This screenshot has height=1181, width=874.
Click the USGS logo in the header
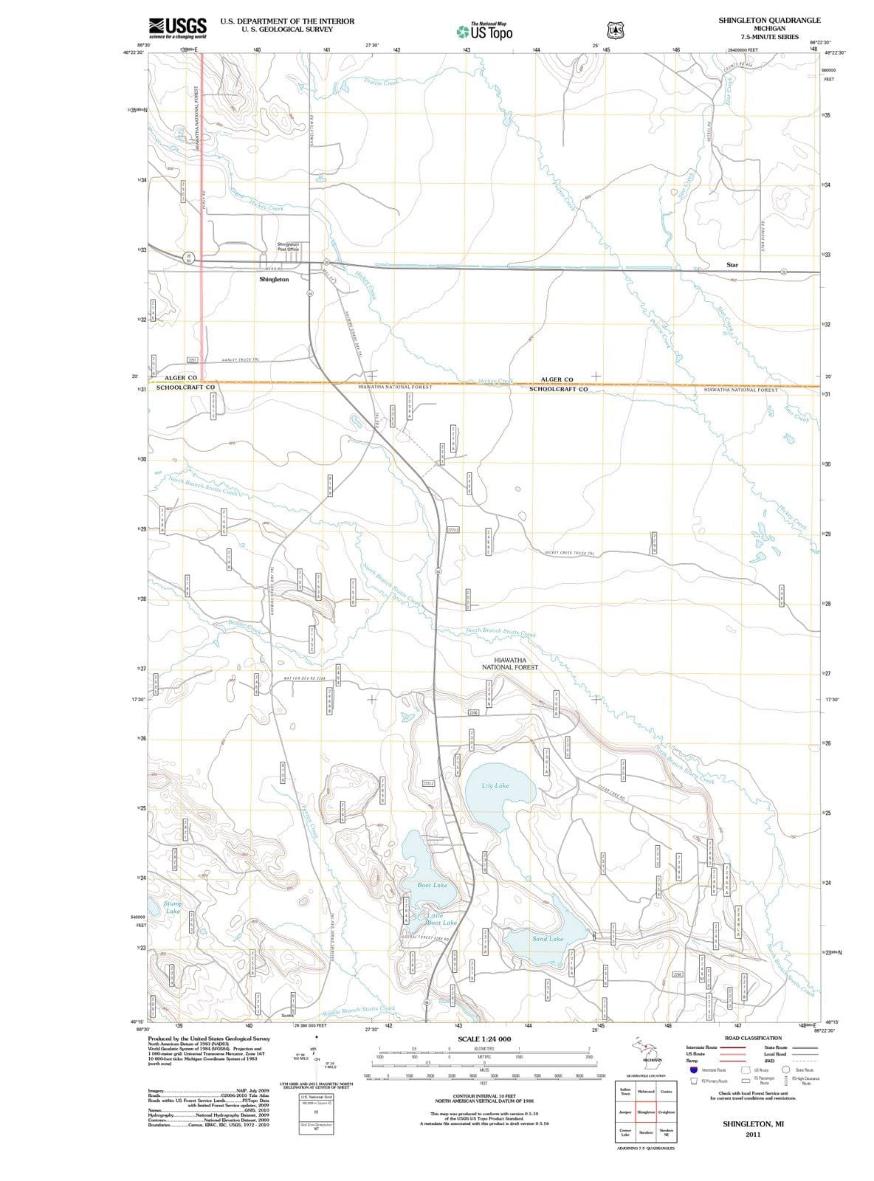coord(177,27)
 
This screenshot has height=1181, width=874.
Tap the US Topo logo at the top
coord(484,32)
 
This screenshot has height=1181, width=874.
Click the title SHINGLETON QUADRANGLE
coord(769,21)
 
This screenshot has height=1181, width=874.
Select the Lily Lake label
coord(495,785)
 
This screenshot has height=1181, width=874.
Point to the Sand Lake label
coord(548,939)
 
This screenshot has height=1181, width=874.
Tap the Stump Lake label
coord(173,907)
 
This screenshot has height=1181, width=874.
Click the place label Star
coord(732,264)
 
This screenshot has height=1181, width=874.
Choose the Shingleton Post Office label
coord(288,247)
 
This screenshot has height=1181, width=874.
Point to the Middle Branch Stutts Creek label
coord(359,1010)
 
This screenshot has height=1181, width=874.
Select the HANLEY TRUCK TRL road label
coord(241,359)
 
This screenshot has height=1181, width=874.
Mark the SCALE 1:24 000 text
coord(484,1039)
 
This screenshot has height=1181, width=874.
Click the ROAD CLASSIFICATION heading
coord(753,1038)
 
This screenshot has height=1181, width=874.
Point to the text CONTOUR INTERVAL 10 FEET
coord(484,1095)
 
